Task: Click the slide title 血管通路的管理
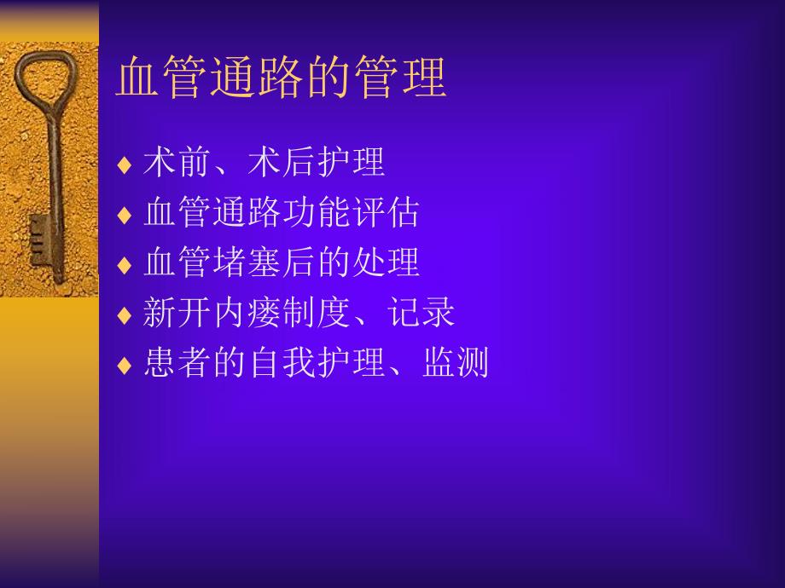(x=282, y=78)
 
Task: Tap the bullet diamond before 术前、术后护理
(x=125, y=164)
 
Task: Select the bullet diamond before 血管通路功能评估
(x=125, y=215)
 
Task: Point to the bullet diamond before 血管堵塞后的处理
(x=125, y=265)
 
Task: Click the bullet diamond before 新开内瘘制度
(x=125, y=315)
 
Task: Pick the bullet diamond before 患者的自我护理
(x=125, y=366)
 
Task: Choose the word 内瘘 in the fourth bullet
(x=247, y=314)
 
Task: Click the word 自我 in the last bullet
(x=282, y=364)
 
